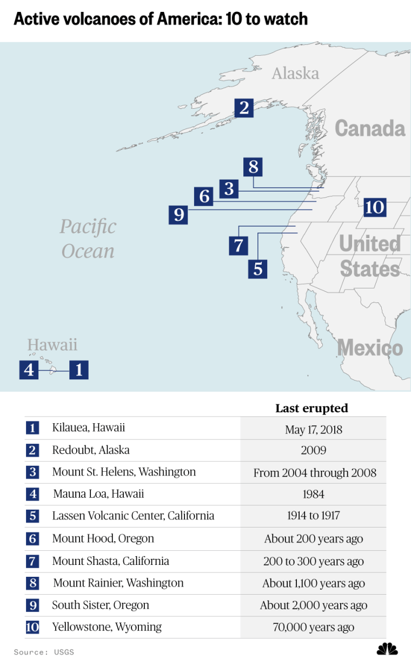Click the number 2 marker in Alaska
coord(244,108)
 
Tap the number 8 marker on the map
coord(253,167)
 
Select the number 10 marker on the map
coord(374,207)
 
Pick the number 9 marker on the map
coord(178,215)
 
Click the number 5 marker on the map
coord(258,268)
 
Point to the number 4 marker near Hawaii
coord(29,370)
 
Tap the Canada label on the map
coord(370,128)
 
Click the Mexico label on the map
coord(370,348)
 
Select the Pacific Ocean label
coord(88,239)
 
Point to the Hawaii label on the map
coord(52,345)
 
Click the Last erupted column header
coord(311,408)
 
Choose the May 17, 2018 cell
coord(313,430)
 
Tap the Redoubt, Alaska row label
coord(91,450)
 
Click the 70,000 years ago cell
coord(313,628)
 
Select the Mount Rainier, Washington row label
coord(118,583)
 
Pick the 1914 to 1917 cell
coord(313,516)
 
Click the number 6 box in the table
coord(32,539)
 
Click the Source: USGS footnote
coord(44,652)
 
